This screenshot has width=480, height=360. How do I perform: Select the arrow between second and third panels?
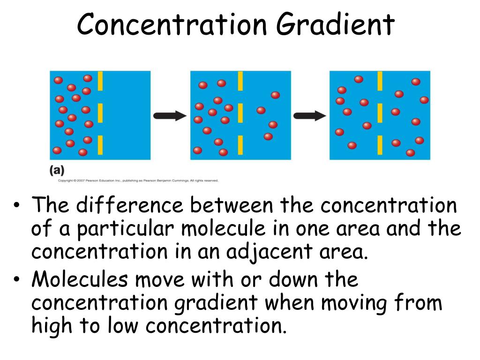(309, 116)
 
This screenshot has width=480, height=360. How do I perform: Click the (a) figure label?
(57, 171)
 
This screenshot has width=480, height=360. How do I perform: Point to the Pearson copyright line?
(138, 180)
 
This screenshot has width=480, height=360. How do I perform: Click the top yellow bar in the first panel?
(100, 81)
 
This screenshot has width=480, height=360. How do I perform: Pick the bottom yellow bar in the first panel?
(100, 145)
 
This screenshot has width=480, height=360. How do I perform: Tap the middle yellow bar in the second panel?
(240, 113)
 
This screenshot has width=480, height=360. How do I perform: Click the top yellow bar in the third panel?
(380, 81)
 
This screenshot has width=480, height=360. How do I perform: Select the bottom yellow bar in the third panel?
(380, 145)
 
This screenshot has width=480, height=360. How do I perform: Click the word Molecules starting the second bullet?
(80, 280)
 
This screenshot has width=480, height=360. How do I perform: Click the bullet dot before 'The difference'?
(17, 206)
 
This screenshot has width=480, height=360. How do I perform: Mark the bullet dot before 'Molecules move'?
(17, 280)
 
